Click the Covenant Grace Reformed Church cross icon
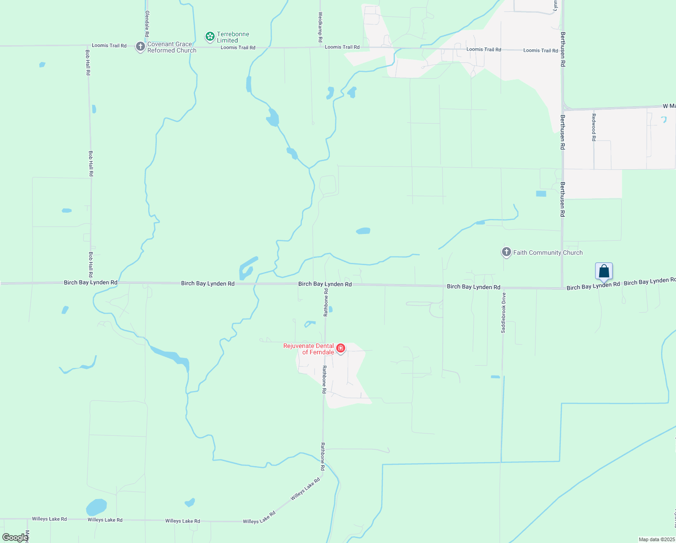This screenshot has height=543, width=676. pos(141,47)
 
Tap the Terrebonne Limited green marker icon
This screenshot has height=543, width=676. pos(210,36)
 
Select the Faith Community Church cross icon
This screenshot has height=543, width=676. pos(507,252)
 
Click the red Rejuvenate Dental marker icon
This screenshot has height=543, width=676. pos(341,348)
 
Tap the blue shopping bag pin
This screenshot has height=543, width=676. pos(604,271)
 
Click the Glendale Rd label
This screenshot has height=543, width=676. pos(147,24)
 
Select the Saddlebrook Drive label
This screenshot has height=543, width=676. pos(503,313)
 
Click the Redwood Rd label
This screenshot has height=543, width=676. pos(594,127)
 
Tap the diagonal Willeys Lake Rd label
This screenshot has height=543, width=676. pos(305,489)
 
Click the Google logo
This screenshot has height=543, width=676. pos(14,538)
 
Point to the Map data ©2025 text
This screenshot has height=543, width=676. pos(657,539)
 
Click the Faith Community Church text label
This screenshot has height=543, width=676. pos(548,252)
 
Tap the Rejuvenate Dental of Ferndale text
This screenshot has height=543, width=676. pos(309,349)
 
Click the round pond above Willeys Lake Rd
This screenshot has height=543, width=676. pos(96,507)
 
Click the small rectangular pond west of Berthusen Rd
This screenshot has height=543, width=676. pos(541,194)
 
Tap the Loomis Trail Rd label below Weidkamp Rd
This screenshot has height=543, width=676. pos(342,47)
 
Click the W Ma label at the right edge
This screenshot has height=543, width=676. pos(669,106)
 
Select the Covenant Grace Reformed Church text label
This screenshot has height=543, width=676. pos(172,47)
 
